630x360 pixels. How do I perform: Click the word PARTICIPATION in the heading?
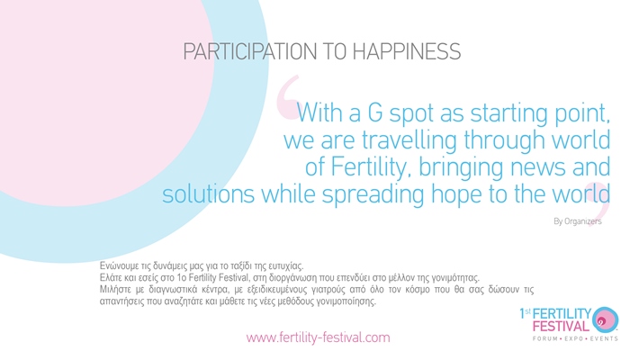[x=250, y=52]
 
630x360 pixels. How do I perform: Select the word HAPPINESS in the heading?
[x=406, y=52]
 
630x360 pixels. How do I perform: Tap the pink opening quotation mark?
[x=288, y=97]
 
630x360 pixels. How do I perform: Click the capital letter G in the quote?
[x=375, y=112]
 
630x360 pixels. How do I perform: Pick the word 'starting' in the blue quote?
[x=509, y=113]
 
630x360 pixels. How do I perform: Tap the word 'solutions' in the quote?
[x=208, y=194]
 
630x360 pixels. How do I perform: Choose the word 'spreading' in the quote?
[x=373, y=195]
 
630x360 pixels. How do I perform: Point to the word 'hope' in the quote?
[x=456, y=195]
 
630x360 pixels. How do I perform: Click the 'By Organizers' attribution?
[x=578, y=221]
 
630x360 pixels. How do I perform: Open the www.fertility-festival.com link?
[x=318, y=337]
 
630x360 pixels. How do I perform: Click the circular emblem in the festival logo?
[x=606, y=320]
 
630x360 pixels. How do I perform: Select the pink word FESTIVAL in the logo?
[x=561, y=326]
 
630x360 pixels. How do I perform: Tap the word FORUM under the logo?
[x=544, y=338]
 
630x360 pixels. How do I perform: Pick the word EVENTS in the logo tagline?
[x=604, y=338]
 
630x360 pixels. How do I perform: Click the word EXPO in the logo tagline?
[x=574, y=338]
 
